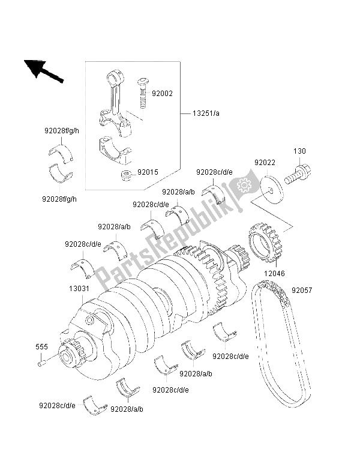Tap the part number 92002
point(162,94)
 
